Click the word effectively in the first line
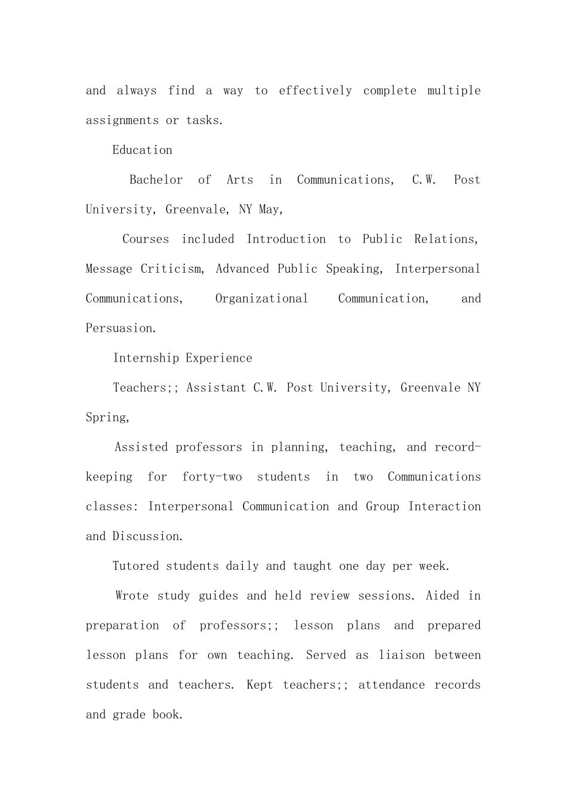315,91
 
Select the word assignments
122,121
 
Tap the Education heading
142,150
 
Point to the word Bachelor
156,180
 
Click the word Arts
240,180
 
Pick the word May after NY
270,209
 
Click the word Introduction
286,239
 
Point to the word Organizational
261,298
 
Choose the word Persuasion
121,328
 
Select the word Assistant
216,388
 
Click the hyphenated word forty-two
212,477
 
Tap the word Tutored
135,566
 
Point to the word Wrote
132,596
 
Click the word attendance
392,685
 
